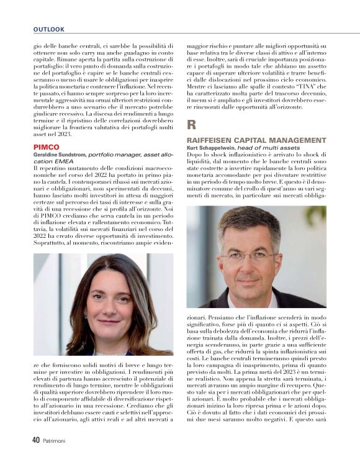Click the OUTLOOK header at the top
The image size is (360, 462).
pyautogui.click(x=49, y=29)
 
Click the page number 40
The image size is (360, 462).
pyautogui.click(x=36, y=440)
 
